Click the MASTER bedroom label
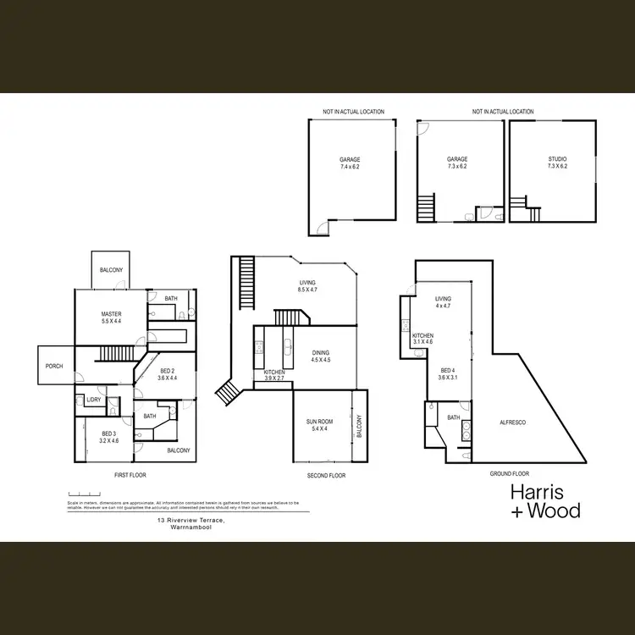(x=111, y=317)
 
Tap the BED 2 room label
(x=168, y=374)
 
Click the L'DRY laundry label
(x=93, y=400)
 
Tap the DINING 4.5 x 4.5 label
(x=320, y=356)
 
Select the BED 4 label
(x=449, y=373)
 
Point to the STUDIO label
(x=556, y=163)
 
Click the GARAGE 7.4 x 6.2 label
(x=351, y=163)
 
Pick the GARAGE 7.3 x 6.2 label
(x=457, y=163)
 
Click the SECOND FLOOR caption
(x=326, y=475)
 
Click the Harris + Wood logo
(x=545, y=501)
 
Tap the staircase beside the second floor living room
(x=246, y=284)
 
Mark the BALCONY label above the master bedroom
(x=111, y=270)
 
